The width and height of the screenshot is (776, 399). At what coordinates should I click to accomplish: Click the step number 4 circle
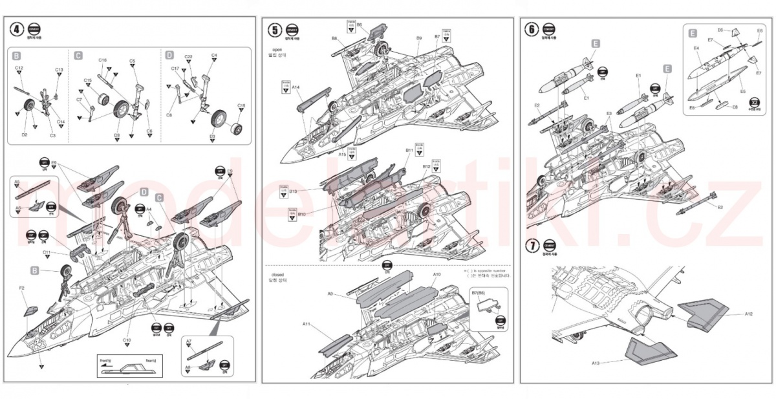coord(17,29)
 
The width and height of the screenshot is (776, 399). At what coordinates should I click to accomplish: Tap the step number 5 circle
coord(275,29)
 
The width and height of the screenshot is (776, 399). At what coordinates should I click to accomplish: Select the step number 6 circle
coord(532,29)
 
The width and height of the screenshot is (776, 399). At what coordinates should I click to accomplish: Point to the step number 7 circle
coord(532,245)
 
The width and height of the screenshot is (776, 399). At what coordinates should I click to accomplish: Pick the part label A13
coord(596,363)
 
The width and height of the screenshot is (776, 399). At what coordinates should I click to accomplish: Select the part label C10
coord(127,340)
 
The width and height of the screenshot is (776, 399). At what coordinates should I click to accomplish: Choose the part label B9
coord(419,39)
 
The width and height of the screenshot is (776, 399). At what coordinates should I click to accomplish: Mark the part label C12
coord(19,69)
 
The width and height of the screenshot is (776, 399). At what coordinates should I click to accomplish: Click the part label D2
coord(25,135)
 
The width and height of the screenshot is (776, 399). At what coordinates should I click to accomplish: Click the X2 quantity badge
coord(754,102)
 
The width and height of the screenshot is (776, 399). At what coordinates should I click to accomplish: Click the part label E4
coord(696,49)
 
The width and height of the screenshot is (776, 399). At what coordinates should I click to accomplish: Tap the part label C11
coord(47,252)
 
